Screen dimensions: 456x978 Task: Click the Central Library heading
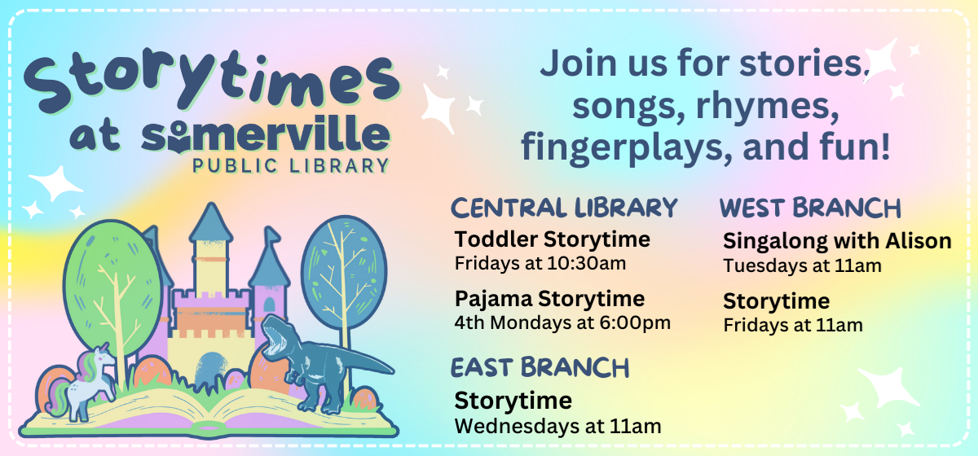click(564, 208)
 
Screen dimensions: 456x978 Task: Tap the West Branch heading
click(810, 208)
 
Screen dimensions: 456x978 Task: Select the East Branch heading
click(540, 367)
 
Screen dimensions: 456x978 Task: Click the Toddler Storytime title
click(553, 239)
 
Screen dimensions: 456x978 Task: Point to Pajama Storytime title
click(549, 298)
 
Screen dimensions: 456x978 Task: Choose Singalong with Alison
click(837, 241)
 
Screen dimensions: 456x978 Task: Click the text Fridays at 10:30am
click(533, 263)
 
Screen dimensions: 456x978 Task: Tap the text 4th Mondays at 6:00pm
click(562, 322)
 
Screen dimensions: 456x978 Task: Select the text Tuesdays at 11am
click(802, 265)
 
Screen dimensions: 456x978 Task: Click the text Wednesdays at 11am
click(557, 425)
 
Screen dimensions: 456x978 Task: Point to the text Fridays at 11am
click(793, 325)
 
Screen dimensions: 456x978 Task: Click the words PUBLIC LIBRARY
click(290, 166)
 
